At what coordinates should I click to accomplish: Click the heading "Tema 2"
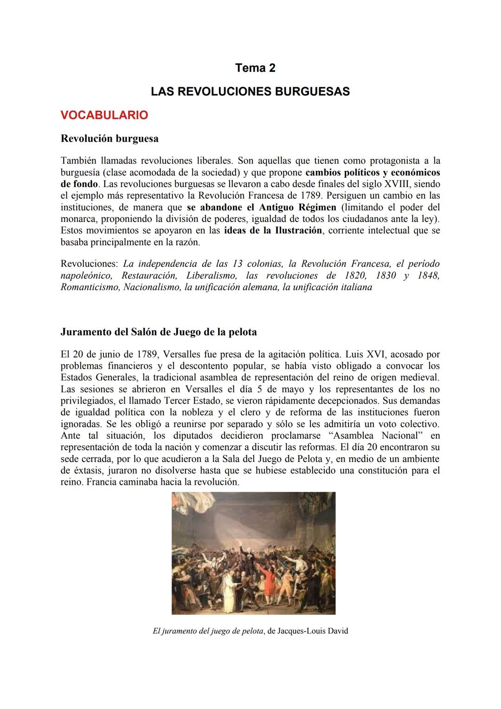click(x=255, y=68)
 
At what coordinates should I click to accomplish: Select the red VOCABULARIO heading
click(x=104, y=115)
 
